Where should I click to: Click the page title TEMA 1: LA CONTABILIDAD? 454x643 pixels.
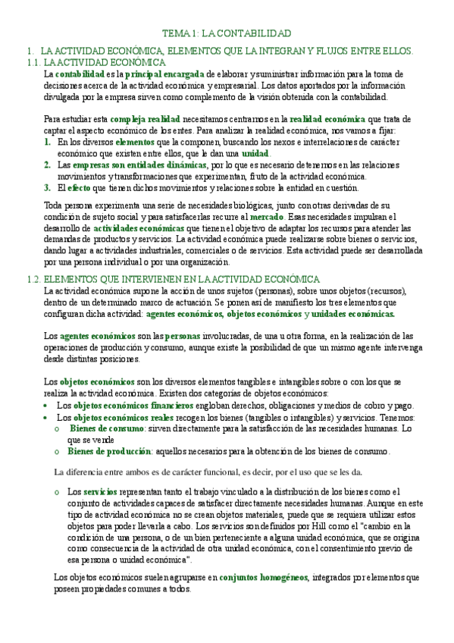227,34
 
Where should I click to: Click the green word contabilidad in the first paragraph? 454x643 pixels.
80,74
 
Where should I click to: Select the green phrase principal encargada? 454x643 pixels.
164,74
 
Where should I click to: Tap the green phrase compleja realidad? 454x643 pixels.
145,120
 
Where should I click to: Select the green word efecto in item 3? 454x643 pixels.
79,188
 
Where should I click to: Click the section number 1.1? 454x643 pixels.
33,62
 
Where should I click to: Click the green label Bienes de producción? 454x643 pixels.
110,452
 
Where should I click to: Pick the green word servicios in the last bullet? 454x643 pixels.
100,492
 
